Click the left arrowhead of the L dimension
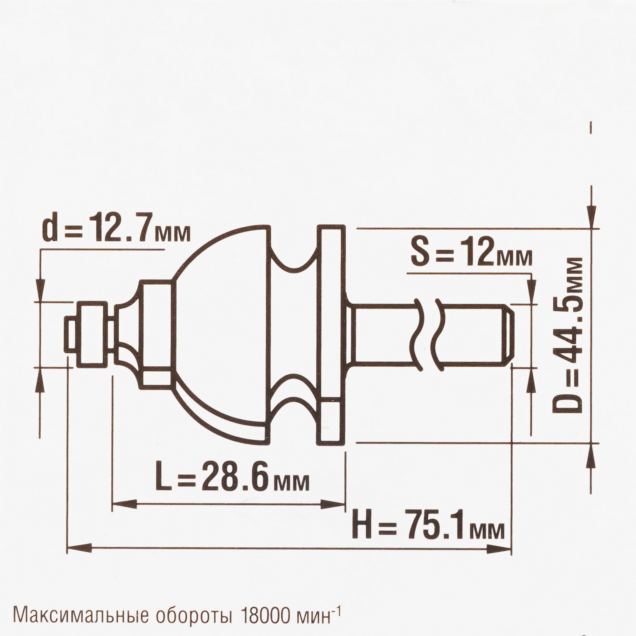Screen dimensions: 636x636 click(125, 513)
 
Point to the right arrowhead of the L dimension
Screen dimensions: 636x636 click(333, 513)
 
